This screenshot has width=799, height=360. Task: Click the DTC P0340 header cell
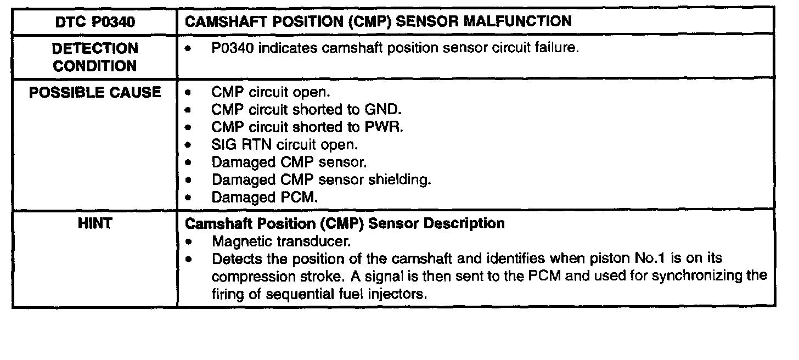coord(95,21)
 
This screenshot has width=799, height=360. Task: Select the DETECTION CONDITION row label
coord(94,57)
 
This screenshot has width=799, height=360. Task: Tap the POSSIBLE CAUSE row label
coord(95,93)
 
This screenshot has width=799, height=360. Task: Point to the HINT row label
coord(95,224)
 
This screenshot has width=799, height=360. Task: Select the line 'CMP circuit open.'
coord(271,93)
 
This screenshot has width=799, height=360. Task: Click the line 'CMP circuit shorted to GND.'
coord(303,110)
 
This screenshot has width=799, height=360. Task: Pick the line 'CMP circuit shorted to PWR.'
coord(307,127)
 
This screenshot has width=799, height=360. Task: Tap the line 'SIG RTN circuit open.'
coord(285,145)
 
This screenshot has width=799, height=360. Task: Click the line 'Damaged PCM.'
coord(265,197)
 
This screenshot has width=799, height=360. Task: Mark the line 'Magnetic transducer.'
coord(281,241)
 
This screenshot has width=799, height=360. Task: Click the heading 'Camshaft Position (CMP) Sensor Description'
coord(345,224)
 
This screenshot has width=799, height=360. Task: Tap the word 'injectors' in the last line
coord(398,294)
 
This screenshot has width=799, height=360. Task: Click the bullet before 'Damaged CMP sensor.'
coord(189,162)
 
